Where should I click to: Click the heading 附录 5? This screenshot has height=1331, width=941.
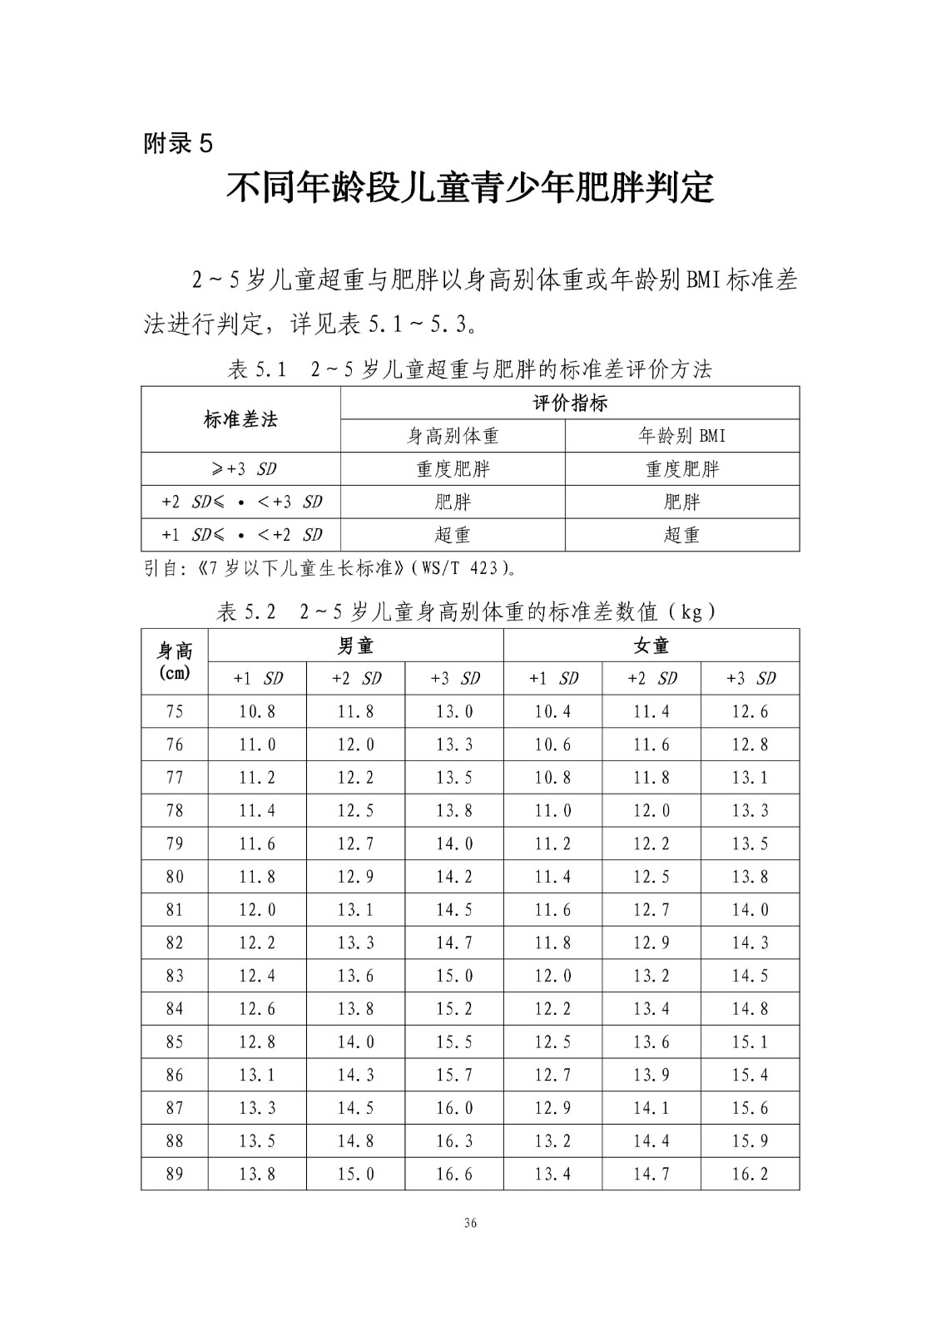click(x=178, y=144)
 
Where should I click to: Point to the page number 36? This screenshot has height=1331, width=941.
click(x=471, y=1223)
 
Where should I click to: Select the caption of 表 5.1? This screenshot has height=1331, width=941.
click(x=470, y=369)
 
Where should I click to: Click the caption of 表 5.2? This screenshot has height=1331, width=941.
click(x=470, y=612)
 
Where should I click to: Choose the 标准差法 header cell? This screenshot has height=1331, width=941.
click(x=240, y=420)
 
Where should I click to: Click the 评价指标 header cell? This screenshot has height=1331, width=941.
click(x=570, y=403)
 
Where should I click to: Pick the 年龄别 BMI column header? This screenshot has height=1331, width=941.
click(x=682, y=436)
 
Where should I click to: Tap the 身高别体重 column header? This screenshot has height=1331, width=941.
click(x=453, y=436)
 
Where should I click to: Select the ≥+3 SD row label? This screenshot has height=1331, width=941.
click(x=240, y=469)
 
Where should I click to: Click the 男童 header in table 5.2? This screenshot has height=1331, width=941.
click(x=355, y=646)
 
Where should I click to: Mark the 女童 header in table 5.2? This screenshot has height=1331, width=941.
click(x=651, y=646)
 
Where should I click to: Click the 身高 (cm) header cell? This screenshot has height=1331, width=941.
click(x=175, y=661)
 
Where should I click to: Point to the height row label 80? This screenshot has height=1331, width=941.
click(x=175, y=877)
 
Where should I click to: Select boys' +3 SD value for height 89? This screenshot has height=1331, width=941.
click(x=454, y=1174)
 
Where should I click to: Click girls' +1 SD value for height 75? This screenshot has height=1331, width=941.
click(x=552, y=711)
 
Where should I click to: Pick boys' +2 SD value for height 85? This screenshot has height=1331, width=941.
click(x=355, y=1042)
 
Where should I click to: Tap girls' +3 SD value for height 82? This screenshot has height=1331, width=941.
click(x=750, y=943)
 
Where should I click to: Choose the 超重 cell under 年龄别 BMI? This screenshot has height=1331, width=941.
click(x=682, y=535)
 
